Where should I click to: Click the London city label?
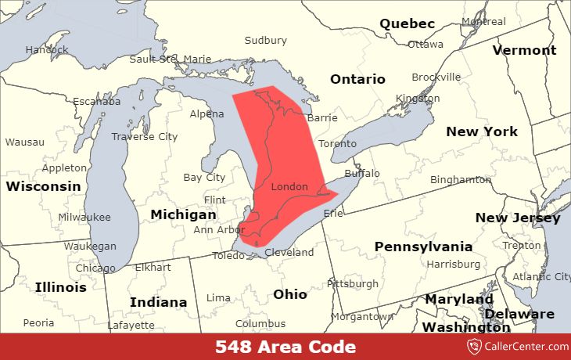(289, 187)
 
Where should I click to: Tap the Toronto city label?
(338, 144)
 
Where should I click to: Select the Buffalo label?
(361, 173)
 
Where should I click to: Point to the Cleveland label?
(289, 253)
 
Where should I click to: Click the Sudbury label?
(265, 40)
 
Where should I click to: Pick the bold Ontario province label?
(357, 79)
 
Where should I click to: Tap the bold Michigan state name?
(184, 214)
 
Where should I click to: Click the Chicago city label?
(95, 268)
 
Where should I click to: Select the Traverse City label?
(145, 136)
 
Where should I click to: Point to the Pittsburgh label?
(352, 283)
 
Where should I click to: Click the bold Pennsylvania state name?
(423, 247)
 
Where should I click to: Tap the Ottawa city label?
(426, 44)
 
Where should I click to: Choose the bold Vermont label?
(524, 50)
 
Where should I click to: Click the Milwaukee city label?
(84, 217)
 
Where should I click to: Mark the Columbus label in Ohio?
(260, 323)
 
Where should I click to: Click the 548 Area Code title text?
(285, 347)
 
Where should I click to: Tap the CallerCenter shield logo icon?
(473, 347)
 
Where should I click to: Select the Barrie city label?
(322, 117)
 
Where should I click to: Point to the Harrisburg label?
(453, 264)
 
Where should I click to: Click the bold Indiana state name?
(158, 302)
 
